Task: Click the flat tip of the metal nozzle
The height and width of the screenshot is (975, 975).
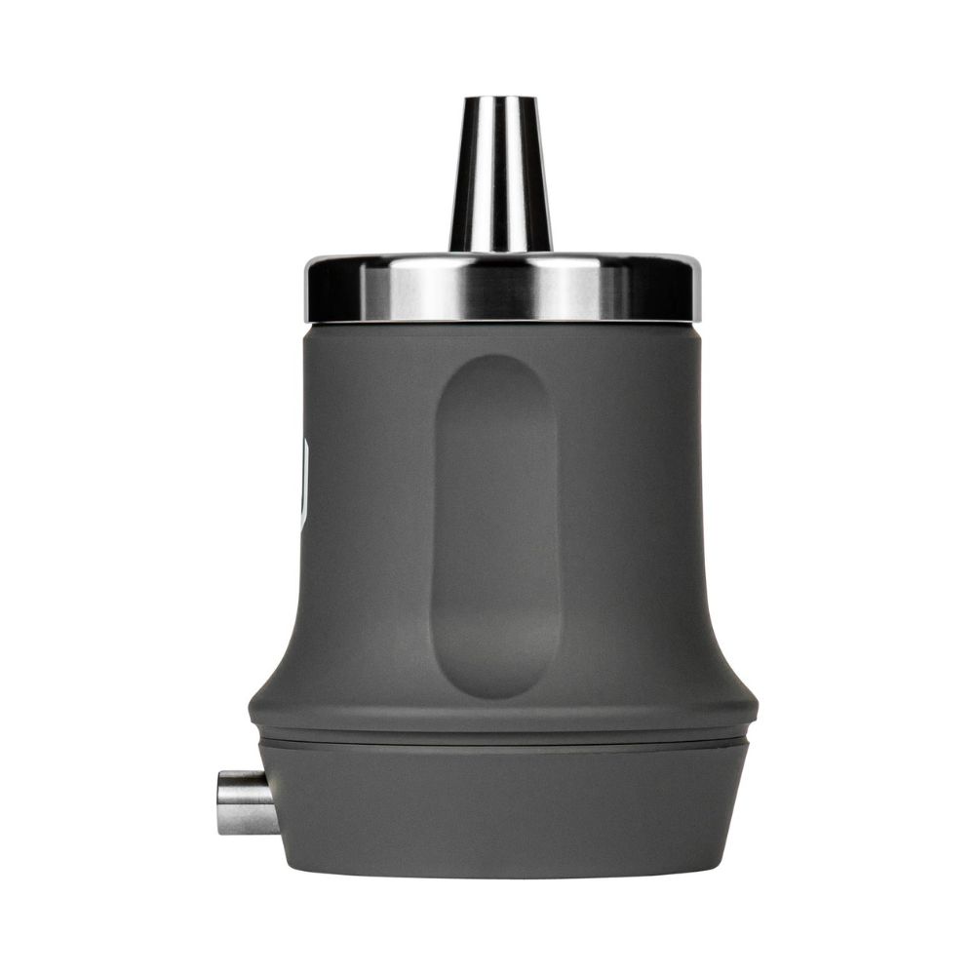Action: (x=499, y=98)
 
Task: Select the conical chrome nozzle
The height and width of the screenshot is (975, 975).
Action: (x=499, y=175)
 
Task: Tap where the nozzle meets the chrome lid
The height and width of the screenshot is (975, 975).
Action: (x=500, y=250)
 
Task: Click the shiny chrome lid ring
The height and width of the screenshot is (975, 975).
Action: (x=501, y=289)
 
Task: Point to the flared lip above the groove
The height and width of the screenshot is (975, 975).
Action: (x=501, y=717)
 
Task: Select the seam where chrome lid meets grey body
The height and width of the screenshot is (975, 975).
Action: (x=501, y=322)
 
